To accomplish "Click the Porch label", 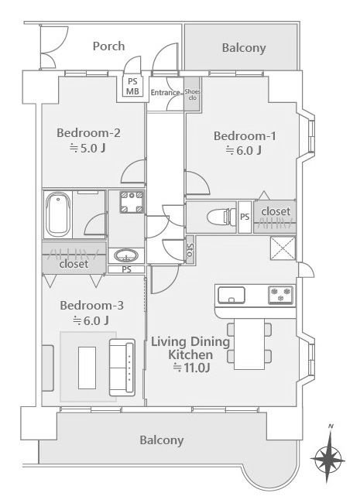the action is (108, 46).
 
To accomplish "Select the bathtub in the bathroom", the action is (58, 214).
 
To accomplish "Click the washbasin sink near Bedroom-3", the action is (126, 256).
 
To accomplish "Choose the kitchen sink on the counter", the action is (231, 295).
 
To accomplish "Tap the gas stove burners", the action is (281, 295).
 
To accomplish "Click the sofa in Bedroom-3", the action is (122, 367).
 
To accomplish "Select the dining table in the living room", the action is (249, 344).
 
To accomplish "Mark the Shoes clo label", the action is (192, 94).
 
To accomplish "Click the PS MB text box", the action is (132, 87).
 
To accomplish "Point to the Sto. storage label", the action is (190, 250).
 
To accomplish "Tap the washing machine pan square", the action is (132, 202).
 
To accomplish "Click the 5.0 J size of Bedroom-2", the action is (88, 149).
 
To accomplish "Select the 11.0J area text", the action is (191, 368).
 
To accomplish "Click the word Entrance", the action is (165, 93).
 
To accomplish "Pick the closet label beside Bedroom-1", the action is (276, 211).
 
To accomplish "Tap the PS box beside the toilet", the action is (245, 217).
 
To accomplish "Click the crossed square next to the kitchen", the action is (283, 248).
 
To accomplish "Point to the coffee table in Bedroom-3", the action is (87, 368).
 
